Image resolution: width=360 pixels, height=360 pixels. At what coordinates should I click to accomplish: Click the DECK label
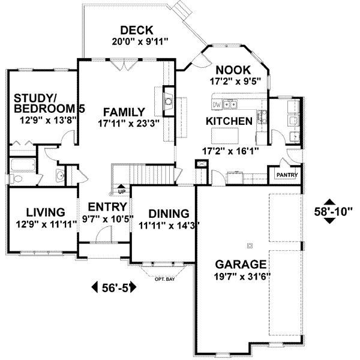[x=136, y=30]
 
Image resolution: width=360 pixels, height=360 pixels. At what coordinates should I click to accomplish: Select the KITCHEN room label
[x=229, y=121]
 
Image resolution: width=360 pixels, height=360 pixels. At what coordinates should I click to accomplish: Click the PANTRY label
[x=284, y=175]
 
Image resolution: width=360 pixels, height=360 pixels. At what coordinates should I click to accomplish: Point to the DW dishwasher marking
[x=217, y=104]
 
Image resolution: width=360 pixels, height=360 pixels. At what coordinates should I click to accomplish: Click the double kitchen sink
[x=230, y=105]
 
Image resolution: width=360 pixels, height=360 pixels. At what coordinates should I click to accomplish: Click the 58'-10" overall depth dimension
[x=334, y=211]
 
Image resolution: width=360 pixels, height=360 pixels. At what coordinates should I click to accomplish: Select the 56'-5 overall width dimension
[x=115, y=287]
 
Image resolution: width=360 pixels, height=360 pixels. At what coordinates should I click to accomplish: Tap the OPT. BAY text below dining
[x=164, y=278]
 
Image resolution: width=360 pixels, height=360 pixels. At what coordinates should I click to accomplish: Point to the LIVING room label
[x=46, y=212]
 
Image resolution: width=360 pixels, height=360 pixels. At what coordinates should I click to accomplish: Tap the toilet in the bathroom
[x=17, y=179]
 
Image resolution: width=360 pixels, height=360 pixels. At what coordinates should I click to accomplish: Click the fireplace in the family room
[x=169, y=103]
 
